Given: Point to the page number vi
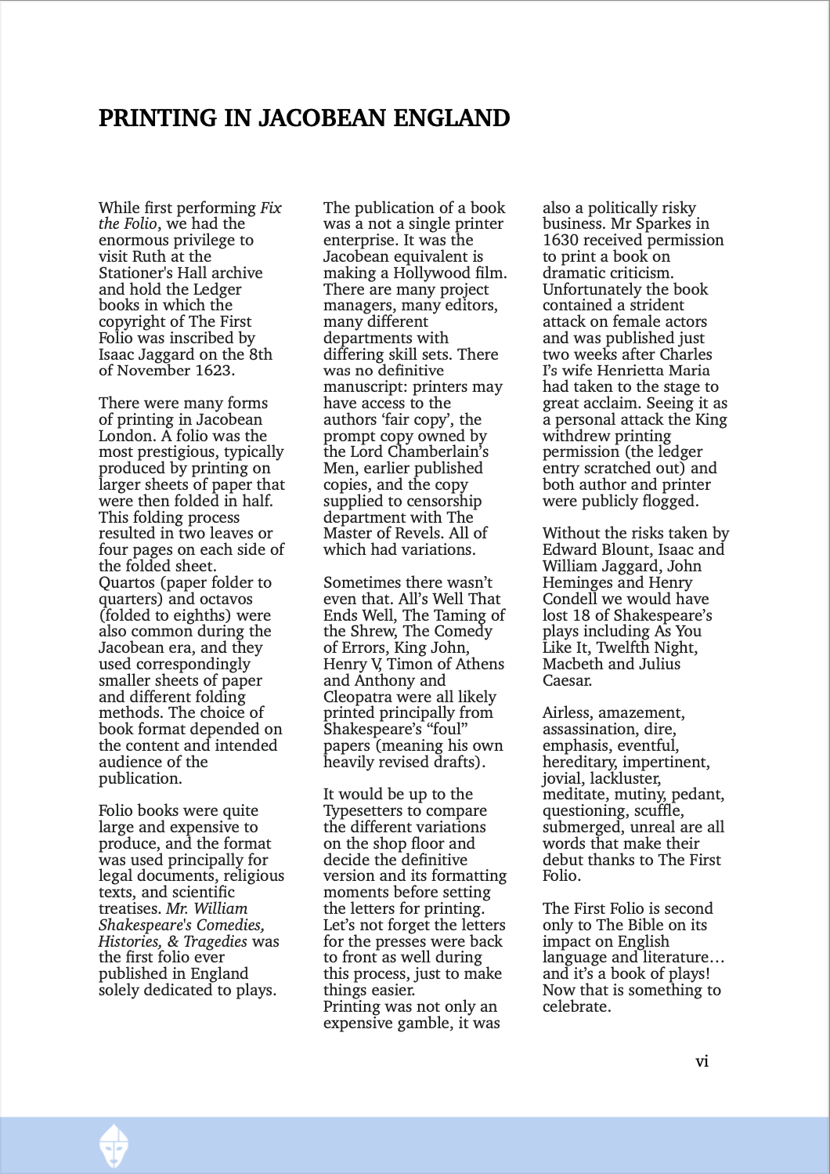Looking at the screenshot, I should pyautogui.click(x=702, y=1061).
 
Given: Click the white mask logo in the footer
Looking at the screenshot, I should pyautogui.click(x=114, y=1145).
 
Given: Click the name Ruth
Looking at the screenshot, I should pyautogui.click(x=148, y=257).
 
